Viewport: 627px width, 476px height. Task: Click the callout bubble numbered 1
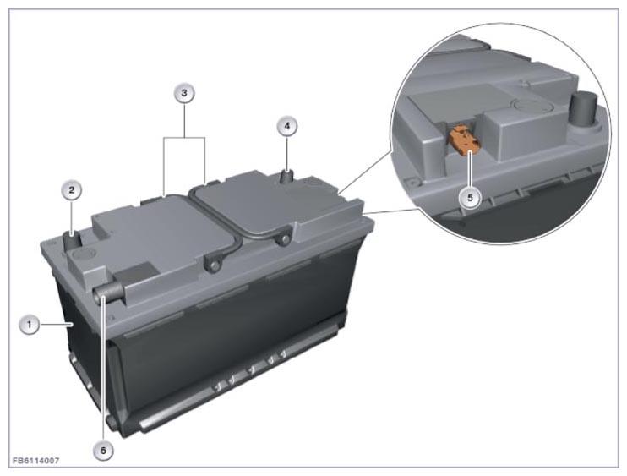pyautogui.click(x=30, y=325)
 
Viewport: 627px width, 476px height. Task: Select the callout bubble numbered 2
pyautogui.click(x=72, y=189)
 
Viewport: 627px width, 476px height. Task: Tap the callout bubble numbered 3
pyautogui.click(x=184, y=93)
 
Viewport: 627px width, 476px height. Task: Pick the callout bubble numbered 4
pyautogui.click(x=287, y=126)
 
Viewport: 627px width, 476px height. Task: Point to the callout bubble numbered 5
pyautogui.click(x=470, y=198)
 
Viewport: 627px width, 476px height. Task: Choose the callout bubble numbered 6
pyautogui.click(x=103, y=451)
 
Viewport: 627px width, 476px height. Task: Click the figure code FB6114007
pyautogui.click(x=36, y=461)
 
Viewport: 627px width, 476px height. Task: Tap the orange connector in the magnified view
pyautogui.click(x=464, y=140)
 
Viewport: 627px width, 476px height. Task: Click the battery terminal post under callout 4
pyautogui.click(x=288, y=177)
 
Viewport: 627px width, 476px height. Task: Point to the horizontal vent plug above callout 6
pyautogui.click(x=107, y=293)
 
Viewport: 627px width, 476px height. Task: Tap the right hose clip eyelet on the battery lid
pyautogui.click(x=284, y=236)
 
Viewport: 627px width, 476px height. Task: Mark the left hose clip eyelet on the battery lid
pyautogui.click(x=212, y=265)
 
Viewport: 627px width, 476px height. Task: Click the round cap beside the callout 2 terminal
pyautogui.click(x=85, y=254)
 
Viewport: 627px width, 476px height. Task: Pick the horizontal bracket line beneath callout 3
pyautogui.click(x=184, y=138)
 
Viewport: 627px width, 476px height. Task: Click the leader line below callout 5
pyautogui.click(x=470, y=170)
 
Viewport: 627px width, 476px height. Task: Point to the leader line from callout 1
pyautogui.click(x=56, y=324)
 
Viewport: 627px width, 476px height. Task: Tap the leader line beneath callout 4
pyautogui.click(x=287, y=153)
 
